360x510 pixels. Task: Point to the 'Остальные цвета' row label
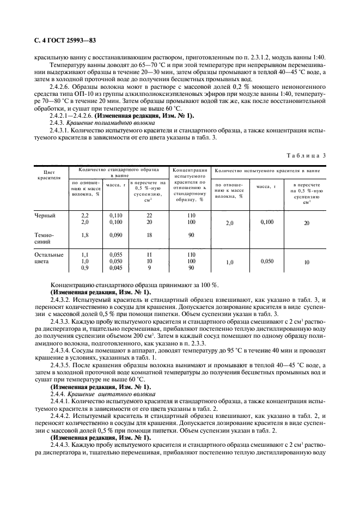[48, 258]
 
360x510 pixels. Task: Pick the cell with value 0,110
[115, 216]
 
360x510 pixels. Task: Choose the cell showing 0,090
[115, 235]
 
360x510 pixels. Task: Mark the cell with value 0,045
[115, 268]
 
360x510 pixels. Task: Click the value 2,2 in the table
[84, 216]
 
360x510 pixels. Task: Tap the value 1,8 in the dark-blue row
[84, 235]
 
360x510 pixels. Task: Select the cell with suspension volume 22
[149, 216]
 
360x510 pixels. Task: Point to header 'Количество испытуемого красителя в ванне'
[267, 171]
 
